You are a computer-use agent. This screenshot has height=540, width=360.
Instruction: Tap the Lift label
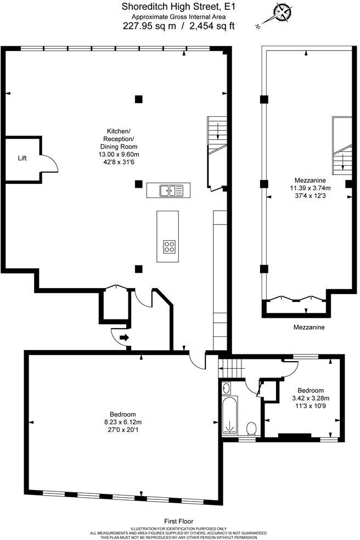[x=22, y=158]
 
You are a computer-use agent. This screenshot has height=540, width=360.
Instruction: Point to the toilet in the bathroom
[x=251, y=428]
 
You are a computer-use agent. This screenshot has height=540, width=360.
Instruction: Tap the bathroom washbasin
[x=227, y=389]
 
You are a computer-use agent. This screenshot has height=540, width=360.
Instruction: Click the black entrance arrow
[x=125, y=338]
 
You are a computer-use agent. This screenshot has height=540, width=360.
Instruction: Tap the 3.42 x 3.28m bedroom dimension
[x=303, y=397]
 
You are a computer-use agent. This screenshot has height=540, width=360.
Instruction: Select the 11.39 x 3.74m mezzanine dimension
[x=311, y=188]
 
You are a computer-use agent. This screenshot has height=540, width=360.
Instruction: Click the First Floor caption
[x=179, y=521]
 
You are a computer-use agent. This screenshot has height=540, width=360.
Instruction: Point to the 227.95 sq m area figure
[x=149, y=26]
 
